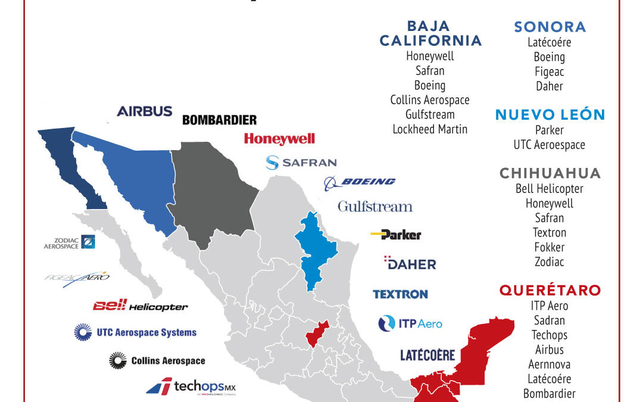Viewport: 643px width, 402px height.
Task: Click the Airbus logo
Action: click(145, 111)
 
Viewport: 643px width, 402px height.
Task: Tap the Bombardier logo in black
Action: click(219, 120)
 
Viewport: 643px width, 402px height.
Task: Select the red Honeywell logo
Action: click(279, 139)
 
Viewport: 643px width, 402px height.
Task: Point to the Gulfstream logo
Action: click(375, 207)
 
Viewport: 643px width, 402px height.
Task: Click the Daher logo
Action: click(410, 263)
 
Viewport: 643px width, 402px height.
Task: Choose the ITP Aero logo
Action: click(410, 323)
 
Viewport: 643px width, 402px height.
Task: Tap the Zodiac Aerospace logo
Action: click(70, 242)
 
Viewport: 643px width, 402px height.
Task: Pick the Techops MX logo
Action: click(191, 387)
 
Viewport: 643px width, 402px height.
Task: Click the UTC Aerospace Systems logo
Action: click(135, 332)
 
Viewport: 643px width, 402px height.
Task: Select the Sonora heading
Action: click(550, 27)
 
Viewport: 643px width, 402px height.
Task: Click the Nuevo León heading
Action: click(550, 115)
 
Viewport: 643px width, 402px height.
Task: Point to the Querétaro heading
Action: click(550, 291)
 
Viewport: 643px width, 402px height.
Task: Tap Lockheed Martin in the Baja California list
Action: click(430, 129)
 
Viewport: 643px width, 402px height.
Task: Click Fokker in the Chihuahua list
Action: click(550, 247)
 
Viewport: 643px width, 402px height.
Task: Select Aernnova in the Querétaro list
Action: click(550, 364)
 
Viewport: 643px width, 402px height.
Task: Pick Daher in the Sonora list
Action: click(550, 86)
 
